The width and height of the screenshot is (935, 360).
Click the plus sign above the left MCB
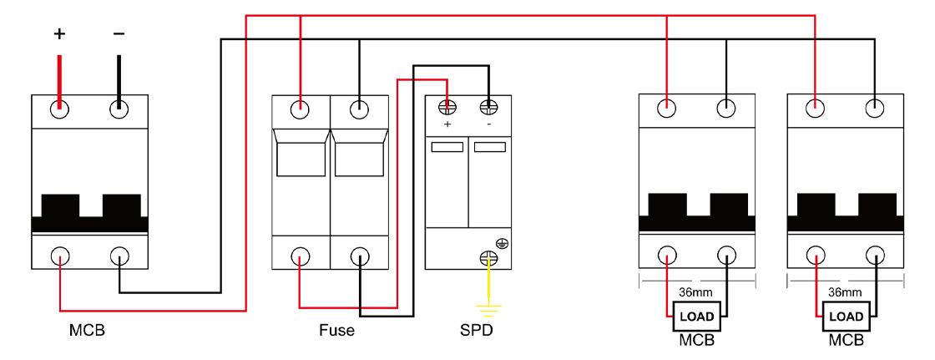coord(59,34)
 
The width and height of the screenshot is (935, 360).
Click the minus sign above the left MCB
coord(119,34)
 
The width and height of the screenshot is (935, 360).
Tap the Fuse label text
coord(336,330)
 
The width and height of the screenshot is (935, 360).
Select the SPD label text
coord(477,330)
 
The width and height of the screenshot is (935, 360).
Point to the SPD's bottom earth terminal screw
coord(488,260)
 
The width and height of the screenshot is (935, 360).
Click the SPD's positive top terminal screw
coord(447,107)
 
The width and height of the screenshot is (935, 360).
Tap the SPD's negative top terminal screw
coord(488,107)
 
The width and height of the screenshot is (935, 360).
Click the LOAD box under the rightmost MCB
coord(845,317)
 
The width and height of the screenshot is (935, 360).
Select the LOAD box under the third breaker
coord(696,317)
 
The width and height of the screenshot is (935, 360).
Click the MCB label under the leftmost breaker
coord(87,330)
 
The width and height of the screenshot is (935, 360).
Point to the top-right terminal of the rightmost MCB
coord(874,108)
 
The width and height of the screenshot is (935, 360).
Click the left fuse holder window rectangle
coord(301,159)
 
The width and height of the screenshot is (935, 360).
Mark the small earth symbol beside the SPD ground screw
coord(503,244)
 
